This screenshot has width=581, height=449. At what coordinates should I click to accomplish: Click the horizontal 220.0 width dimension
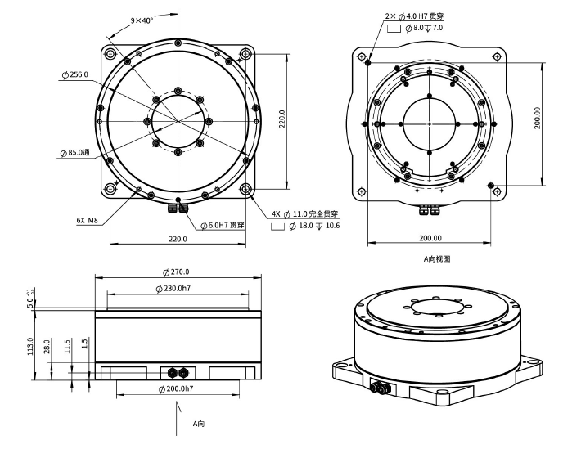tap(178, 239)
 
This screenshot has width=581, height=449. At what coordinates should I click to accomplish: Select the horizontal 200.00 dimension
tap(430, 238)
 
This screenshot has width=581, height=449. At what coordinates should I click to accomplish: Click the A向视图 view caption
tap(436, 258)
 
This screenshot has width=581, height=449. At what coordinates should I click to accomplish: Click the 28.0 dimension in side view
tap(48, 347)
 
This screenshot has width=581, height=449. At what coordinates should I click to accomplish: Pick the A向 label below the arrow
tap(198, 424)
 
